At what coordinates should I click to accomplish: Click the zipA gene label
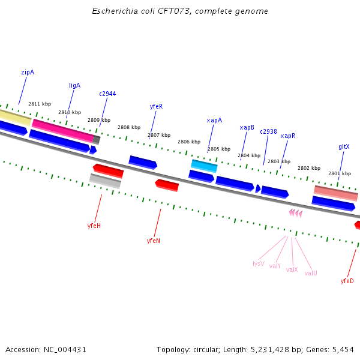(x=28, y=73)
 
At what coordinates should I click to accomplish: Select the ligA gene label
(x=74, y=85)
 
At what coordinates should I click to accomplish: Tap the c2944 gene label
(x=107, y=94)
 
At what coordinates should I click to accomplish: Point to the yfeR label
(x=156, y=106)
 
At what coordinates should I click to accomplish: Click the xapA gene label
(x=214, y=120)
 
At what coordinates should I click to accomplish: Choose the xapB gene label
(x=247, y=128)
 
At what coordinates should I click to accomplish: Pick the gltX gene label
(x=344, y=146)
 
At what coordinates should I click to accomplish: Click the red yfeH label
(x=94, y=226)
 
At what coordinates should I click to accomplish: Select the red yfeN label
(x=154, y=241)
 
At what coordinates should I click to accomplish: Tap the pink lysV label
(x=259, y=263)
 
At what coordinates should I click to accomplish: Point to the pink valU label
(x=311, y=273)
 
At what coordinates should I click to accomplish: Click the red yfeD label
(x=347, y=281)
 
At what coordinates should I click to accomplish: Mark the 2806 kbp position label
(x=188, y=142)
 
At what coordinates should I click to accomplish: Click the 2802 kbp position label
(x=309, y=168)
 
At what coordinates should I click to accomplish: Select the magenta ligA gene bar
(x=63, y=130)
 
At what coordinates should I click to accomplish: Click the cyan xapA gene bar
(x=204, y=165)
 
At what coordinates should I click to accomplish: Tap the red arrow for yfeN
(x=167, y=185)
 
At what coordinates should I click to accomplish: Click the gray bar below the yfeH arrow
(x=105, y=180)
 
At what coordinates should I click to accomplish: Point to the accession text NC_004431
(x=46, y=349)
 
